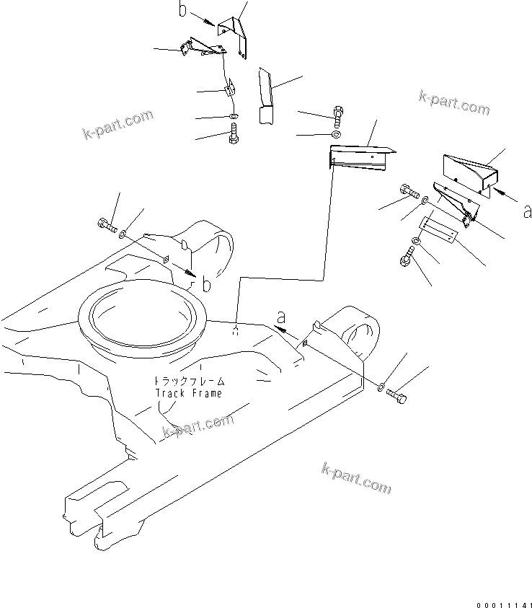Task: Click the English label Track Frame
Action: click(x=189, y=393)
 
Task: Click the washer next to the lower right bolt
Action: click(x=381, y=387)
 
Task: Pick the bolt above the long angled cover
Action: click(x=338, y=113)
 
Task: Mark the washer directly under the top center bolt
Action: click(x=337, y=135)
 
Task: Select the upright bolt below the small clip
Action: click(x=233, y=134)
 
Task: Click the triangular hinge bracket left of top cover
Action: click(x=204, y=48)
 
